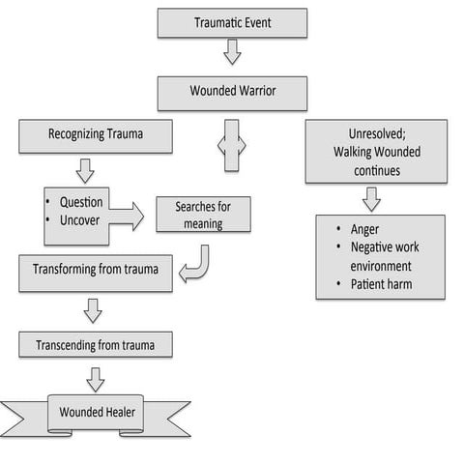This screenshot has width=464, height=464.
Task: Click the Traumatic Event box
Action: pos(232,22)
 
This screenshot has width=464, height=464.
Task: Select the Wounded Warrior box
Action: pos(232,93)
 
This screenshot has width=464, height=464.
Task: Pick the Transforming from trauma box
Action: pos(96,273)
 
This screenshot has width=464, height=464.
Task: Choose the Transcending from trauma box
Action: pos(96,344)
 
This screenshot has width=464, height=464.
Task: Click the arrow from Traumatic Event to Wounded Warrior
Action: pos(232,52)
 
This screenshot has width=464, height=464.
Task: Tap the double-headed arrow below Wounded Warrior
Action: pos(232,145)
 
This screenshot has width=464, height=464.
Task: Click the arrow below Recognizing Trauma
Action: pos(85,171)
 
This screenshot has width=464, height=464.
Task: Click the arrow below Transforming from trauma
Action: pos(93,309)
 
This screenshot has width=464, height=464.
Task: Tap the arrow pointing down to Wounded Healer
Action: pos(95,378)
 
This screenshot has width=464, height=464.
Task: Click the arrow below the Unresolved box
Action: pos(371,198)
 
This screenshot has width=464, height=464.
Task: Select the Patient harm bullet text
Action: pos(381,284)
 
